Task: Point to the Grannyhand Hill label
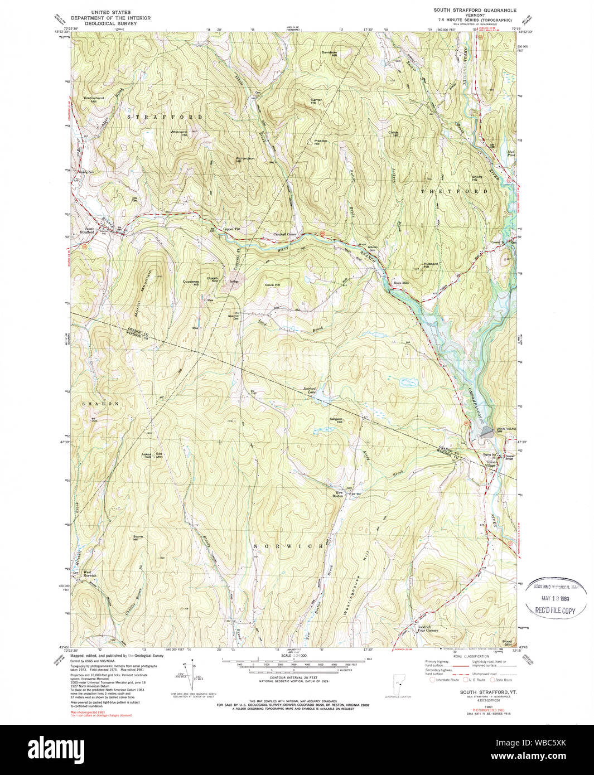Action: click(90, 99)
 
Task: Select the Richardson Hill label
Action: click(245, 159)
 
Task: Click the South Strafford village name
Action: click(86, 230)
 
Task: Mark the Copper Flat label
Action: click(231, 229)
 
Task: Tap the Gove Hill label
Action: click(272, 285)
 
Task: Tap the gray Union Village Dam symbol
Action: click(487, 430)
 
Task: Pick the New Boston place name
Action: click(339, 495)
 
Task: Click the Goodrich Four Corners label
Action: click(427, 629)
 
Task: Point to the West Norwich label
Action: click(90, 574)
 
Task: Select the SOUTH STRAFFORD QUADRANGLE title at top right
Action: click(475, 11)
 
